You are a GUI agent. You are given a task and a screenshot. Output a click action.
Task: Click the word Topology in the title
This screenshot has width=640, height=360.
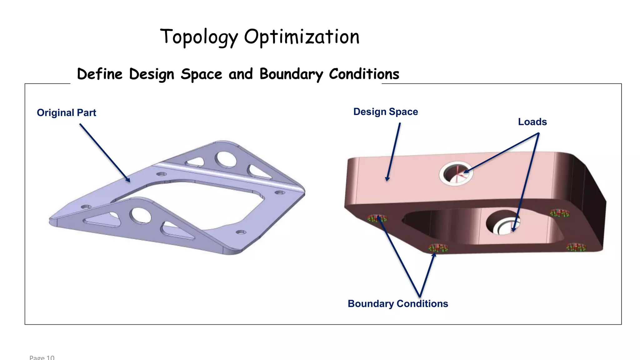click(199, 37)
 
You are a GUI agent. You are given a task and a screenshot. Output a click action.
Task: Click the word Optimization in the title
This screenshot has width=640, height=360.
click(302, 37)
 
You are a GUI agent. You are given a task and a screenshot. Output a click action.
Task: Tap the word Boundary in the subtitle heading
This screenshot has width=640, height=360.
click(291, 74)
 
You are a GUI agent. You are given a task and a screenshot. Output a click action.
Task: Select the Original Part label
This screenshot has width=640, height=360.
click(66, 112)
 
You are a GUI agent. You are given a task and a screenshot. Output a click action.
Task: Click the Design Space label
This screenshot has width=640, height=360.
click(385, 112)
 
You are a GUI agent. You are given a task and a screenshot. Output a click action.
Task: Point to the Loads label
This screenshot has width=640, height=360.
click(532, 122)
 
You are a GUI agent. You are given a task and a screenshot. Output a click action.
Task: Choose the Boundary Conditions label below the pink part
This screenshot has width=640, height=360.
click(398, 303)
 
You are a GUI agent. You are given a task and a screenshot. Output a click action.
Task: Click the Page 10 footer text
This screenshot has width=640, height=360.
click(42, 357)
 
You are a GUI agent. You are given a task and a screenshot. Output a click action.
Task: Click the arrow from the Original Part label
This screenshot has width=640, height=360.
click(105, 152)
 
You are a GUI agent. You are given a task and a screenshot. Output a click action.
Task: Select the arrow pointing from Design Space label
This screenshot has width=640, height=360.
click(394, 152)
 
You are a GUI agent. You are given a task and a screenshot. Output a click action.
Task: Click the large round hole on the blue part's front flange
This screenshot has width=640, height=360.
click(141, 215)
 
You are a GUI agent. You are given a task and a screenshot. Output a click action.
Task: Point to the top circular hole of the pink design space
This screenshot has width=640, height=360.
click(456, 173)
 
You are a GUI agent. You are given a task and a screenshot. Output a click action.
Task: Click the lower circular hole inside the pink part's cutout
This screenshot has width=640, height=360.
click(503, 223)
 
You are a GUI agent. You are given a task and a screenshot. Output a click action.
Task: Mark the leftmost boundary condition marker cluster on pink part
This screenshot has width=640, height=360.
click(377, 218)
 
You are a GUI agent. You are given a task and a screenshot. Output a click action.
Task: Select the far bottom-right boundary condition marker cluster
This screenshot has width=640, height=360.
click(576, 247)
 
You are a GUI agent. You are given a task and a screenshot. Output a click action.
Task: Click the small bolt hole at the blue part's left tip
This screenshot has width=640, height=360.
click(86, 207)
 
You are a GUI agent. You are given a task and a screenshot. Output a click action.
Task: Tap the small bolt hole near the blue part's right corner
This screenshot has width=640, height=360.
click(280, 192)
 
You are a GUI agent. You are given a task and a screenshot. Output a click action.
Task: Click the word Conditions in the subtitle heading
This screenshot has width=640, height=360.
click(364, 74)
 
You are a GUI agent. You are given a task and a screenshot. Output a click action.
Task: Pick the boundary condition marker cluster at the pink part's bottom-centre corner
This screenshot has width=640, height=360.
click(438, 248)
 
